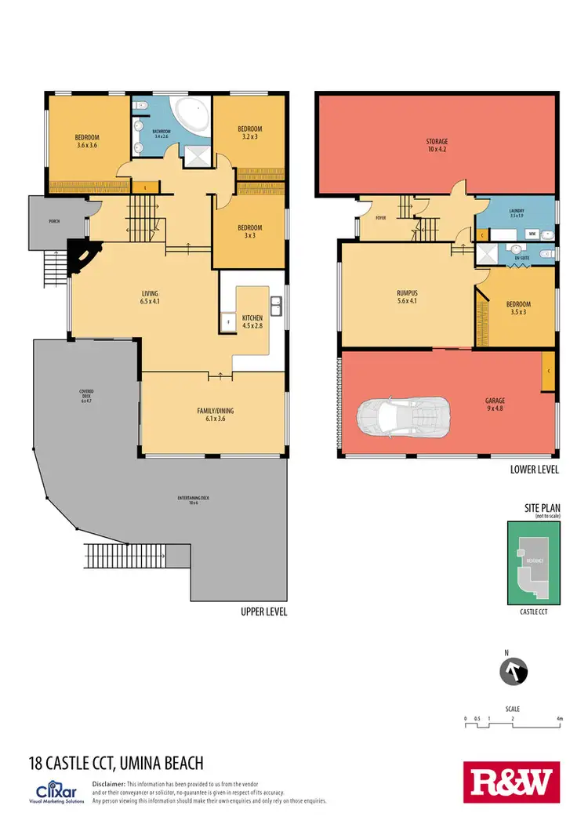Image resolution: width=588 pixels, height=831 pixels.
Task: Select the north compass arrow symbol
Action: tap(514, 671)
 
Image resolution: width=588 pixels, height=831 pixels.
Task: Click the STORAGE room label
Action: tap(437, 145)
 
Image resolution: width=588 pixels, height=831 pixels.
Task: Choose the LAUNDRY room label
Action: tap(516, 213)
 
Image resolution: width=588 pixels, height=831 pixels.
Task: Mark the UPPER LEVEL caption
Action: tap(263, 611)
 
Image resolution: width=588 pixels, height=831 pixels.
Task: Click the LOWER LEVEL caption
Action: tap(534, 470)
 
